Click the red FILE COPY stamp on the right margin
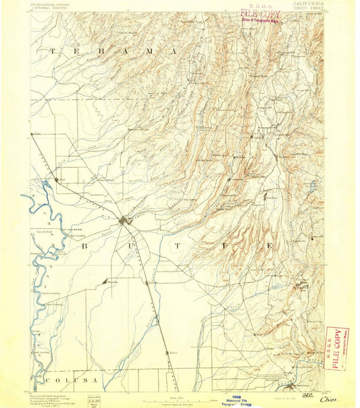(x=337, y=346)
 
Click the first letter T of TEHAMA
(x=52, y=51)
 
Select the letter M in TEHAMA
(x=142, y=51)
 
